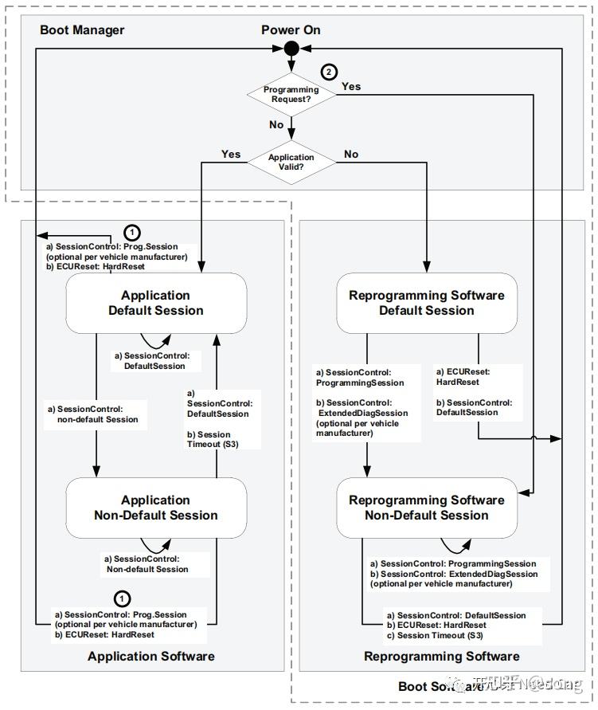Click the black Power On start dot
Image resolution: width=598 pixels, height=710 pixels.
(x=291, y=49)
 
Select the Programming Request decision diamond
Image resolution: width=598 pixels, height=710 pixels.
(x=291, y=95)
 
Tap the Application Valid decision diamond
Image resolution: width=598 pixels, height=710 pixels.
(x=291, y=163)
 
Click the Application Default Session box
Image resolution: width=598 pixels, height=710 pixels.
(x=156, y=303)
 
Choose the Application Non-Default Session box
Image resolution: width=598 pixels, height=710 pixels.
(x=156, y=508)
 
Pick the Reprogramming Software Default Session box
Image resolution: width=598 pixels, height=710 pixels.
(x=427, y=303)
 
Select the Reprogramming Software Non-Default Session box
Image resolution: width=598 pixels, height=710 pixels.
(x=427, y=508)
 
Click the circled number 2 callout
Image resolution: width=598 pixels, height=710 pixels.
(x=329, y=73)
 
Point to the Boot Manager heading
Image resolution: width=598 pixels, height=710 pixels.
(x=82, y=30)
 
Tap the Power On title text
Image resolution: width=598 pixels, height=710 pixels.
(x=291, y=30)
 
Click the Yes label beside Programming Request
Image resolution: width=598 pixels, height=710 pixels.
(x=351, y=86)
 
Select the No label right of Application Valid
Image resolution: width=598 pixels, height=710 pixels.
(x=351, y=154)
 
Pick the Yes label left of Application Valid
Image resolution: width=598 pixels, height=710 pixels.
(x=231, y=154)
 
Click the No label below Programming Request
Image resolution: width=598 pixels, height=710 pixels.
(x=276, y=125)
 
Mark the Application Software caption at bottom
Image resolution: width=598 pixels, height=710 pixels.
(x=150, y=656)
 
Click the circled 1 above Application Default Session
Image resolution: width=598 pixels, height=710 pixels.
(x=133, y=233)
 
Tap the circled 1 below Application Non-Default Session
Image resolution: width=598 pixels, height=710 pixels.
(x=122, y=598)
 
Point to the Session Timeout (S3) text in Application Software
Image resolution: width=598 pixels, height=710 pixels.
(x=216, y=439)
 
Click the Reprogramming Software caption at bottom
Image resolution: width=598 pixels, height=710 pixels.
(x=441, y=657)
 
